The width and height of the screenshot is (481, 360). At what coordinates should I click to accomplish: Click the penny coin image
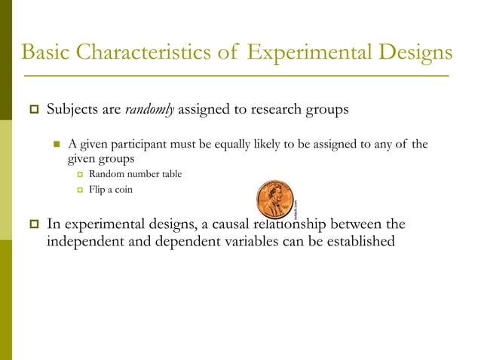coord(275,200)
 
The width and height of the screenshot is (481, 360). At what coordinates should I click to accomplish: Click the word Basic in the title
coord(47,53)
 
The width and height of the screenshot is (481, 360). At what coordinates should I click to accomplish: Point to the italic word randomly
coord(149,109)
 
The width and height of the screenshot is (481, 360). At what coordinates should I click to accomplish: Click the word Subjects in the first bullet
coord(72,109)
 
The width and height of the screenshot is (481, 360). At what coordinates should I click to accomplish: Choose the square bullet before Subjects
coord(33,110)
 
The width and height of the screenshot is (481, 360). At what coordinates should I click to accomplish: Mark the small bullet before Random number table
coord(78,175)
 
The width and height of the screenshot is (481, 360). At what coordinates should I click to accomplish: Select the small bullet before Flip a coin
coord(78,191)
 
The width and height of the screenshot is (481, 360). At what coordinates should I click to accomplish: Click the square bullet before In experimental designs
coord(33,224)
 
